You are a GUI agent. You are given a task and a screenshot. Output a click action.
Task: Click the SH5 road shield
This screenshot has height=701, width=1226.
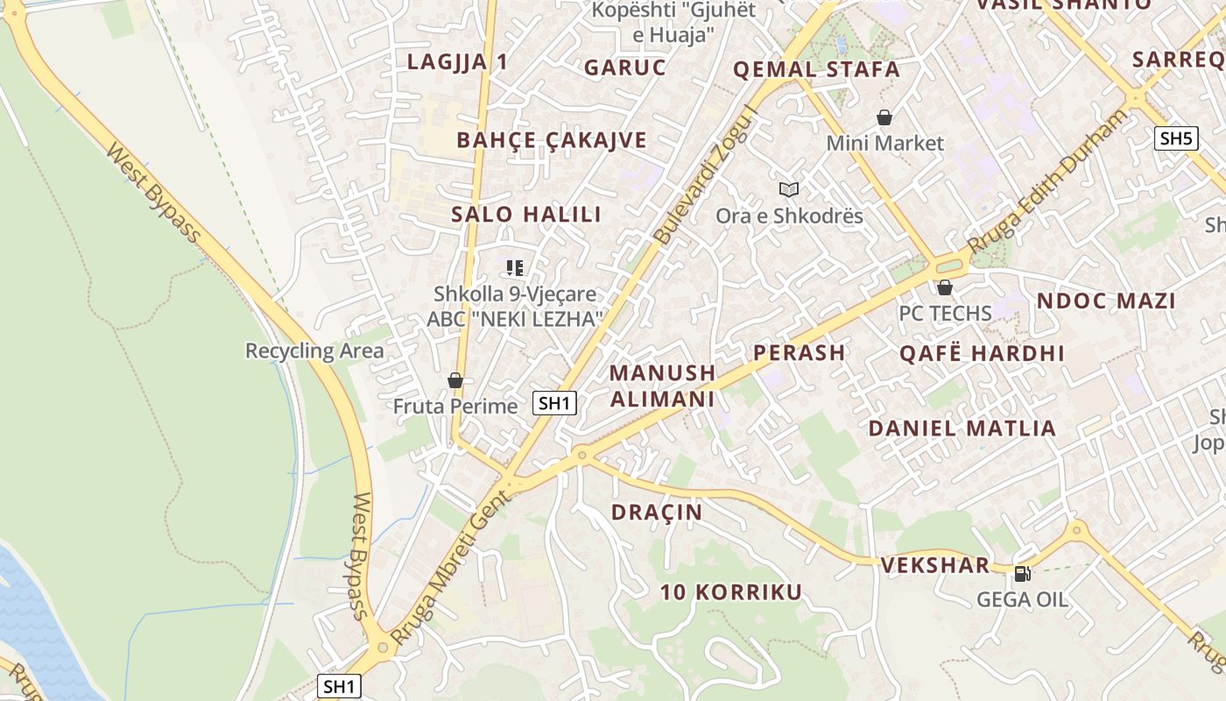pyautogui.click(x=1175, y=138)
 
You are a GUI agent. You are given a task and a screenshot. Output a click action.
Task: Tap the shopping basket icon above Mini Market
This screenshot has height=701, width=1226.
pyautogui.click(x=884, y=117)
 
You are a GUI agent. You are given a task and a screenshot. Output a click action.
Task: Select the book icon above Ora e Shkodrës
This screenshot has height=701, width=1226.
pyautogui.click(x=789, y=189)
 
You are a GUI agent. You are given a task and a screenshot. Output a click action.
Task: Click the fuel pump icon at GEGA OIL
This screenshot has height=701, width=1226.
pyautogui.click(x=1021, y=574)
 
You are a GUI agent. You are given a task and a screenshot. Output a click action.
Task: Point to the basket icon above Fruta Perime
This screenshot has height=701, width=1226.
pyautogui.click(x=454, y=380)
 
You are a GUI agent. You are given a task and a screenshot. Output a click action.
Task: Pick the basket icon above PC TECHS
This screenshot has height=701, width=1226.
pyautogui.click(x=944, y=287)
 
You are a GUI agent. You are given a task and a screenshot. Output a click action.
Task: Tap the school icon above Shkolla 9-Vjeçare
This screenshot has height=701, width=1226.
pyautogui.click(x=515, y=268)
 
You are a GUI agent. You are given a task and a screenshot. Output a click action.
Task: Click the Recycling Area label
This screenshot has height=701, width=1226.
pyautogui.click(x=314, y=351)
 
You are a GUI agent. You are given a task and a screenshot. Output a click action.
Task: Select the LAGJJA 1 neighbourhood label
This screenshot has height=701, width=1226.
pyautogui.click(x=457, y=61)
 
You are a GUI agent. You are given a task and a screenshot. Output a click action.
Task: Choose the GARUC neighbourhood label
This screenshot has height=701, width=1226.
pyautogui.click(x=625, y=67)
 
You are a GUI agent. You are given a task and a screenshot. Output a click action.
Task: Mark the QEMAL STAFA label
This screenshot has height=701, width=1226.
pyautogui.click(x=816, y=69)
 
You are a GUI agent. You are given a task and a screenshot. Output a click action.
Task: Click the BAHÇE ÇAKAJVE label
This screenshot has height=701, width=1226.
pyautogui.click(x=552, y=140)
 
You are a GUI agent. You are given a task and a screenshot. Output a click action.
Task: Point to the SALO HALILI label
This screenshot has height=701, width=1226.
pyautogui.click(x=526, y=214)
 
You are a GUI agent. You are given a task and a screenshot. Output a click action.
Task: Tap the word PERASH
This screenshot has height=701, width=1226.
pyautogui.click(x=800, y=352)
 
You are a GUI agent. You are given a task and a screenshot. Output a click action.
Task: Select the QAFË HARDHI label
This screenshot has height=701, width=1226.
pyautogui.click(x=982, y=354)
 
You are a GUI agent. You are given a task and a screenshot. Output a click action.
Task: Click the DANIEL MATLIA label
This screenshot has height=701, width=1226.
pyautogui.click(x=962, y=428)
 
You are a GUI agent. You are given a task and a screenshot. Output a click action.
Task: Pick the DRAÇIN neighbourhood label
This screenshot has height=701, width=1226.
pyautogui.click(x=657, y=513)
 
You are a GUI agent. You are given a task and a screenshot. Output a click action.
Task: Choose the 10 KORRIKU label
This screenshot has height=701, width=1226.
pyautogui.click(x=731, y=592)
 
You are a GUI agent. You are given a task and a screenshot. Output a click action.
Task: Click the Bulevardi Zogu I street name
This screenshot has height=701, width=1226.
pyautogui.click(x=704, y=175)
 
